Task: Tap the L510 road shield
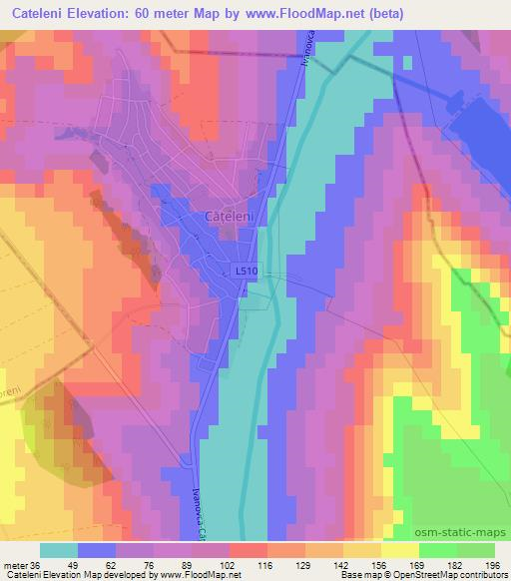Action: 247,271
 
